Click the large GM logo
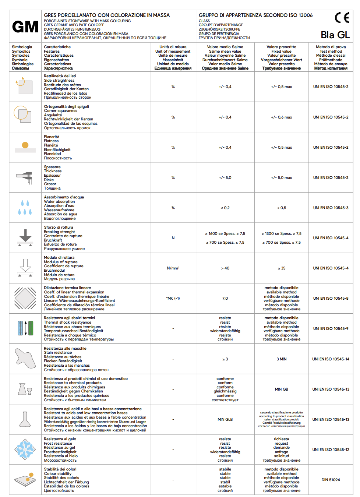pyautogui.click(x=25, y=27)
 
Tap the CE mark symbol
pyautogui.click(x=342, y=18)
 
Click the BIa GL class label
pyautogui.click(x=335, y=35)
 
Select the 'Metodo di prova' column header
pyautogui.click(x=331, y=47)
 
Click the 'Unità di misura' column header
pyautogui.click(x=173, y=47)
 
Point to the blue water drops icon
pyautogui.click(x=25, y=208)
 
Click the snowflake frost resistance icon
pyautogui.click(x=25, y=449)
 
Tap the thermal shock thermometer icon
pyautogui.click(x=25, y=328)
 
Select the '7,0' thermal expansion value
pyautogui.click(x=225, y=298)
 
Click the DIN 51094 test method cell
pyautogui.click(x=331, y=480)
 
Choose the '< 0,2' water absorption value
pyautogui.click(x=225, y=208)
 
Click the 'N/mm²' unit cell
pyautogui.click(x=173, y=268)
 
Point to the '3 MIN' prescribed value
pyautogui.click(x=282, y=359)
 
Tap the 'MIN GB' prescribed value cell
pyautogui.click(x=282, y=389)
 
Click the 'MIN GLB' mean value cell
pyautogui.click(x=225, y=419)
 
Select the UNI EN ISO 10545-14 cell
pyautogui.click(x=331, y=359)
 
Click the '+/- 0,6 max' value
pyautogui.click(x=282, y=117)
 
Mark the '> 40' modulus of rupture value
pyautogui.click(x=225, y=268)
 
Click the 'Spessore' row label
pyautogui.click(x=52, y=167)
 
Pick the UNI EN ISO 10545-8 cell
pyautogui.click(x=331, y=298)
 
